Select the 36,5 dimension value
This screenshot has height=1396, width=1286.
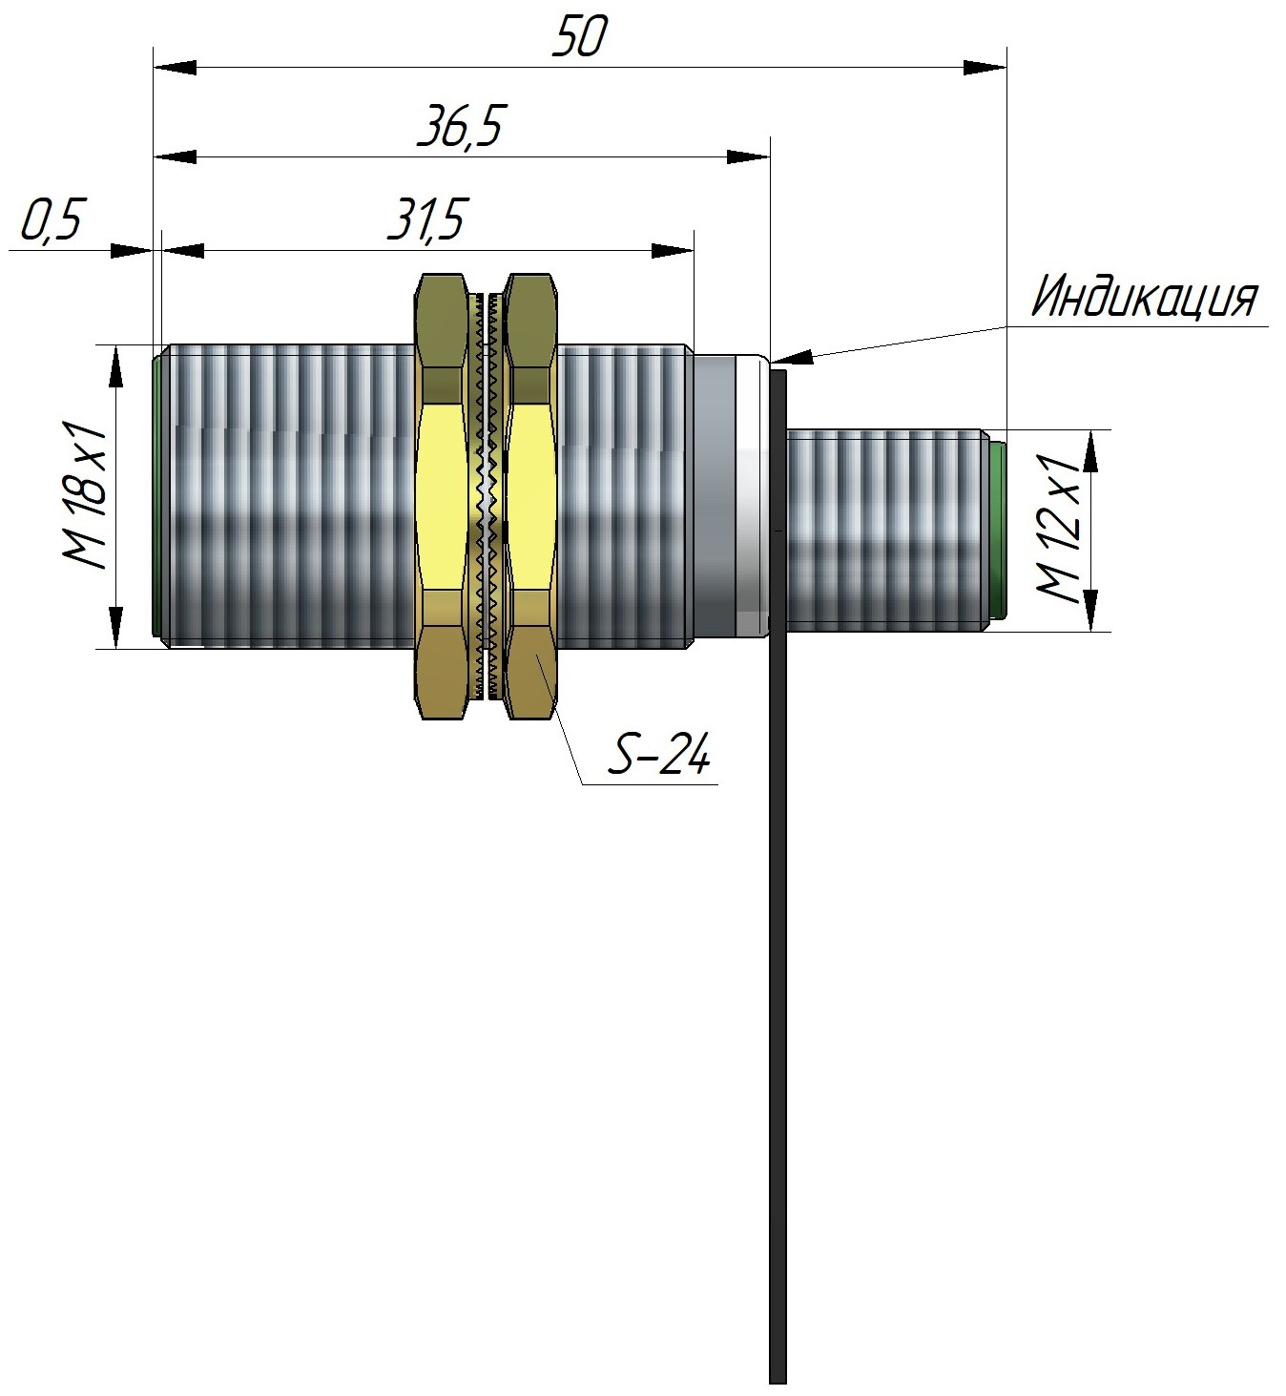pyautogui.click(x=460, y=128)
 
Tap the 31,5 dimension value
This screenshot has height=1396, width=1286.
pyautogui.click(x=426, y=221)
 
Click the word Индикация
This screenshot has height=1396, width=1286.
pyautogui.click(x=1144, y=298)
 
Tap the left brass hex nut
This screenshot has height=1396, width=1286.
pyautogui.click(x=443, y=496)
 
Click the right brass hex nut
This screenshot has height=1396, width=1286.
pyautogui.click(x=532, y=496)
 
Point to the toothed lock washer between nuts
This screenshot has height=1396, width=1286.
pyautogui.click(x=487, y=496)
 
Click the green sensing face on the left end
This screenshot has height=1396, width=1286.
pyautogui.click(x=156, y=496)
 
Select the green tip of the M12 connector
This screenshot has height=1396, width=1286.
pyautogui.click(x=997, y=531)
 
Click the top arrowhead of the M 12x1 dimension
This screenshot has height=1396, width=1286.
pyautogui.click(x=1090, y=449)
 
